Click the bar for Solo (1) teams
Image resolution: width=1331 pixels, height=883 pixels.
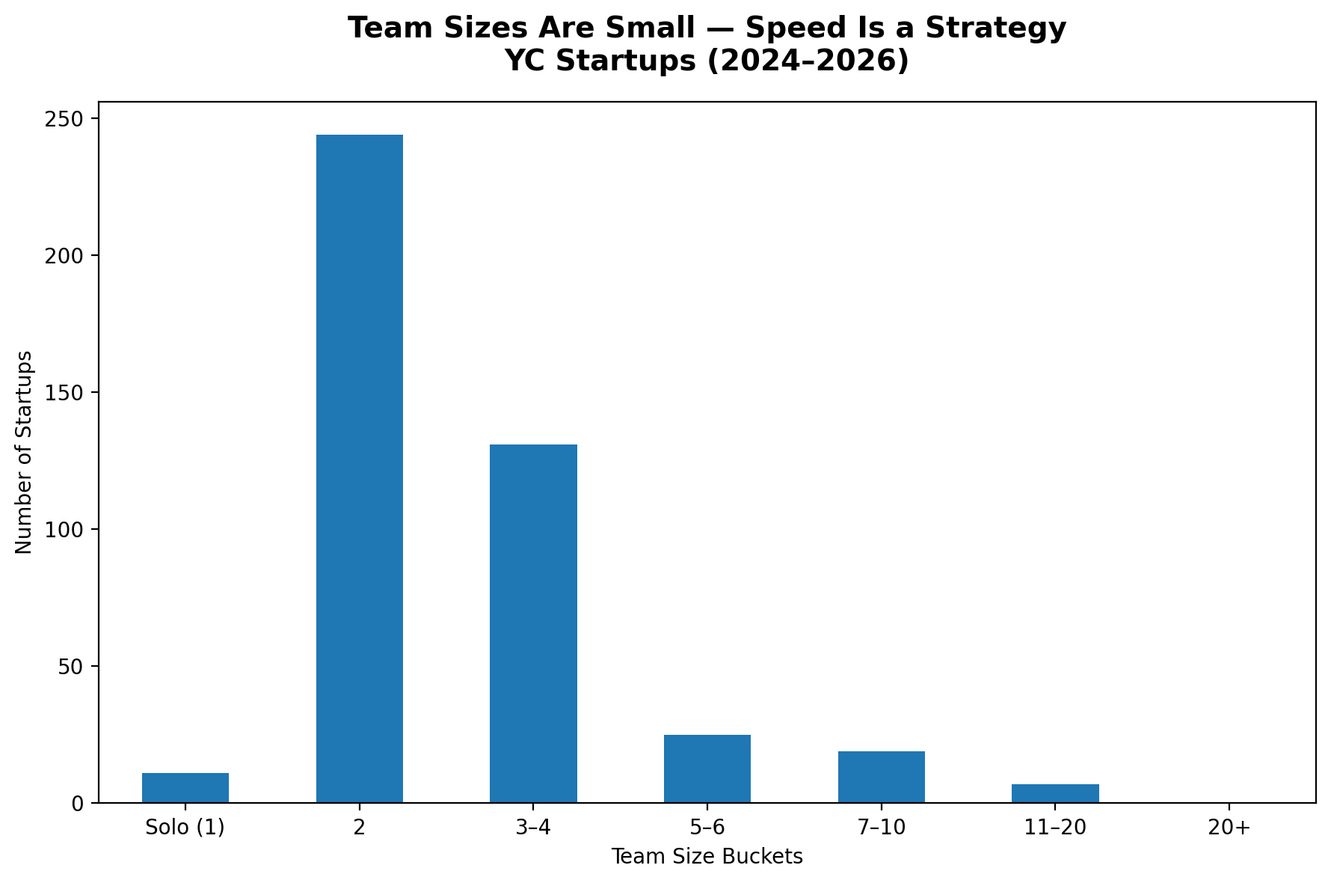coord(185,787)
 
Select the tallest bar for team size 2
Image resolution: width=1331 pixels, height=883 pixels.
coord(359,468)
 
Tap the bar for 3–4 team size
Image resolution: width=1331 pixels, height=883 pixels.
coord(533,623)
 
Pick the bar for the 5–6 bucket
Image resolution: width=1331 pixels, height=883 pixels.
coord(707,769)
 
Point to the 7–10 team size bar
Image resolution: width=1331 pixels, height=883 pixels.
coord(881,777)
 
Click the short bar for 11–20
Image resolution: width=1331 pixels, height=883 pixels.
coord(1055,793)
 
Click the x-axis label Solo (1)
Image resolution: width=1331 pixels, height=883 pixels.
coord(185,828)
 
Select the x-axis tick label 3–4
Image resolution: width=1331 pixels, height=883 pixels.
coord(533,828)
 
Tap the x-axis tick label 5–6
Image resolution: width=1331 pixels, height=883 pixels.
coord(707,828)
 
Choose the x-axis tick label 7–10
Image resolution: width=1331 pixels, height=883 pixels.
coord(881,828)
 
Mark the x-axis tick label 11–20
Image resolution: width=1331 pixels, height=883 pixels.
coord(1055,828)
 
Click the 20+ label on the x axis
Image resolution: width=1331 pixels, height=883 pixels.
coord(1229,828)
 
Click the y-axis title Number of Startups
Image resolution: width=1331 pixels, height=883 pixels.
coord(25,452)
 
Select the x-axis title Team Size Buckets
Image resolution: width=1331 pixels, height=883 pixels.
coord(707,857)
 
